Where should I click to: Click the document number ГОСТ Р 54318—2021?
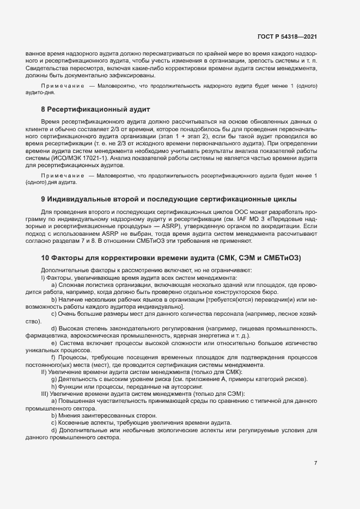pos(287,36)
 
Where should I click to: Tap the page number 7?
pos(315,463)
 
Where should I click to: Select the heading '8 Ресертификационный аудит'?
pos(91,110)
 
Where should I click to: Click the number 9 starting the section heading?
pos(43,198)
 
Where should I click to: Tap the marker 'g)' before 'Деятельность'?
pos(54,379)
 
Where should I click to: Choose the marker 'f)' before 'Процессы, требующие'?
pos(54,357)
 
